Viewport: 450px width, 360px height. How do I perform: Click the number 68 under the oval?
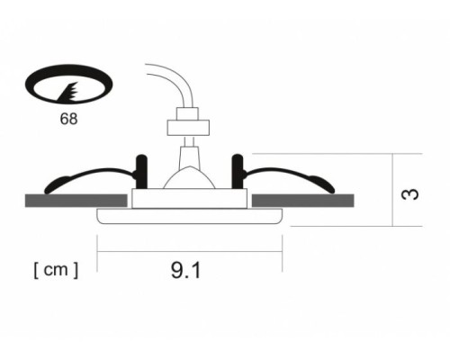pos(68,119)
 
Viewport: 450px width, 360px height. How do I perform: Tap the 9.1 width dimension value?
pos(185,270)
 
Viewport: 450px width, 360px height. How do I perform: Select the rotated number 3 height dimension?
pos(409,194)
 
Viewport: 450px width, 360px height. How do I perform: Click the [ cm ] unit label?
pos(56,270)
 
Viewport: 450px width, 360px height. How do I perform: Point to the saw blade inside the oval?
pos(68,92)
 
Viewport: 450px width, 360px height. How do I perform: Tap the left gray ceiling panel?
pos(76,201)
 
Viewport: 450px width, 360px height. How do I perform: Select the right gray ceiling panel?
pos(302,201)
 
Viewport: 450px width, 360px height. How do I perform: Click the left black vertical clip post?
pos(141,172)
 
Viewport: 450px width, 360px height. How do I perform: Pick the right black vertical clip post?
pos(238,172)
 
